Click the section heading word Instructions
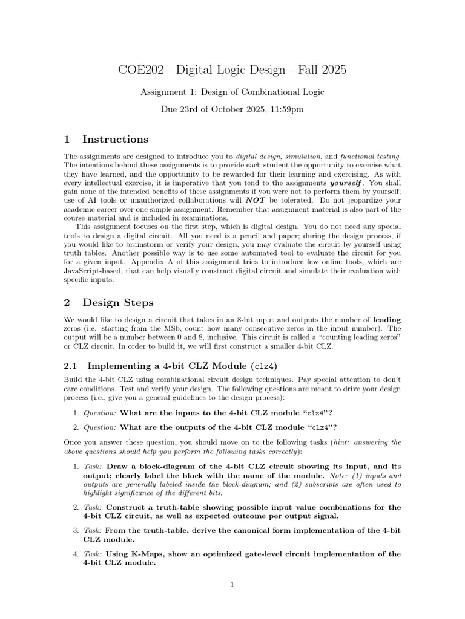click(116, 139)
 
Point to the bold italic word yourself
click(347, 182)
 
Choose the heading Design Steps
click(118, 302)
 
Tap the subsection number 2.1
click(71, 366)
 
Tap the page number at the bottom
click(232, 585)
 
